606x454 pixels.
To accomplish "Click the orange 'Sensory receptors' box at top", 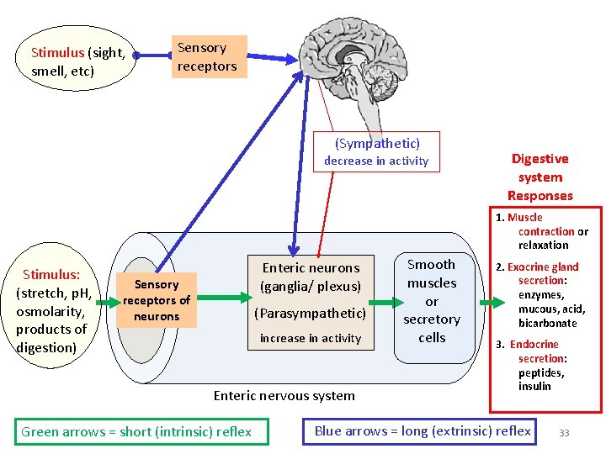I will click(209, 57).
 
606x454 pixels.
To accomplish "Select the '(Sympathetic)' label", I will click(377, 144).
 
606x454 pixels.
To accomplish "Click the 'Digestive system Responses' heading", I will click(540, 177).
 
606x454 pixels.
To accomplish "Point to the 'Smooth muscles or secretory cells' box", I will click(431, 301).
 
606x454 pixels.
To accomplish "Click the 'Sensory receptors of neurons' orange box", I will click(157, 300).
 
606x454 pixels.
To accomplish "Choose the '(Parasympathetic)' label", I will click(311, 313).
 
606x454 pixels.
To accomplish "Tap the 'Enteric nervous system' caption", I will click(284, 395).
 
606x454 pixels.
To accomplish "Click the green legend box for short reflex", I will click(137, 432).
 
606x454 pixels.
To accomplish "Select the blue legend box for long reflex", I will click(423, 431).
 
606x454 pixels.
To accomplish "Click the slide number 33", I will click(564, 433).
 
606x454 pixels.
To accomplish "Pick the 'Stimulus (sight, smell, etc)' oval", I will click(78, 61).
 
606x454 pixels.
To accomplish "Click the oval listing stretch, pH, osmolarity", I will click(51, 311).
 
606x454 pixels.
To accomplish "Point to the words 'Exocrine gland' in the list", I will click(543, 267).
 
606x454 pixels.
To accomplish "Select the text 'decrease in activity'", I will click(376, 161).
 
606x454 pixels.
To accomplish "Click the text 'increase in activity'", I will click(311, 339).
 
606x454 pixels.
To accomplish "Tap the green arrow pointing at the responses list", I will click(491, 303).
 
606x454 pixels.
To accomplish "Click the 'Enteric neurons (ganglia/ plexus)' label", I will click(311, 277).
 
